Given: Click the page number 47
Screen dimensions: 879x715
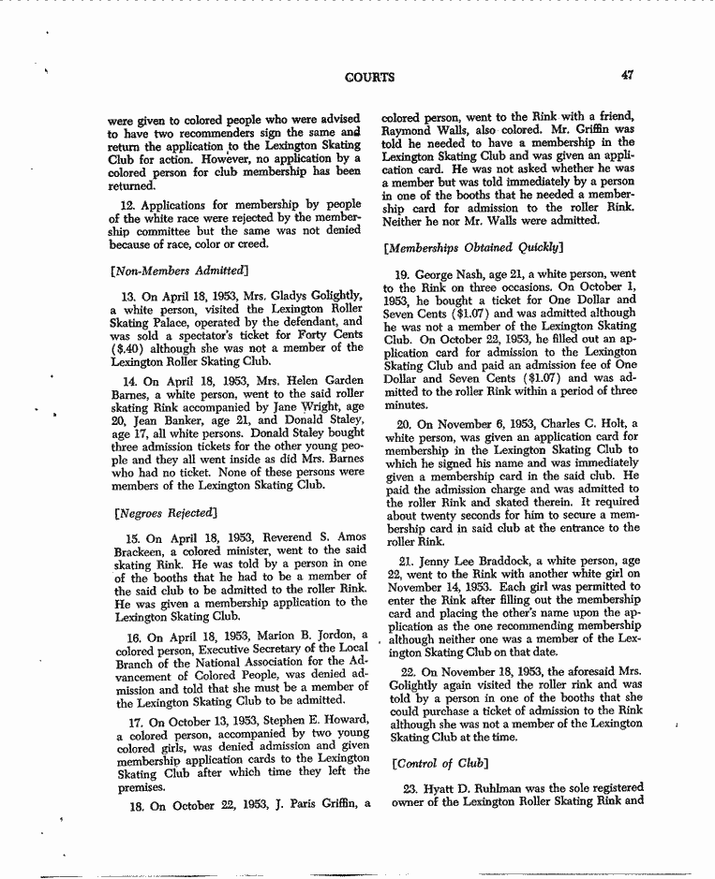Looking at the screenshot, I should tap(627, 76).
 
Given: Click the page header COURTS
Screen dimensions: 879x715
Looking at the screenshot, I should tap(370, 77).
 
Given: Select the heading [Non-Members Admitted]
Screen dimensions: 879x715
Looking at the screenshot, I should tap(180, 271).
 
